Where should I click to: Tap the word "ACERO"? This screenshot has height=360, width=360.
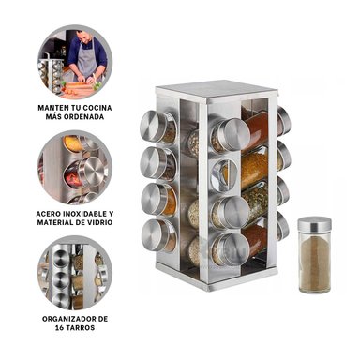(x=51, y=213)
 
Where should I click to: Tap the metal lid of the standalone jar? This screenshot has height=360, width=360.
(x=313, y=224)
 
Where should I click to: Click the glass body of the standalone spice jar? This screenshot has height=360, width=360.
(x=313, y=263)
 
